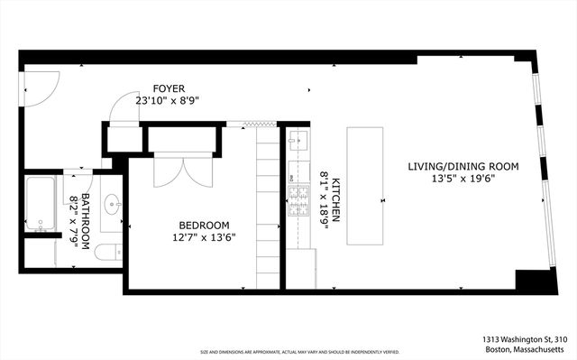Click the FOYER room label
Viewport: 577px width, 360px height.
coord(168,88)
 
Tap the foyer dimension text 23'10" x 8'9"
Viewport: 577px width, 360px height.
coord(168,100)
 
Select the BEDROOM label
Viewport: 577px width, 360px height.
coord(204,225)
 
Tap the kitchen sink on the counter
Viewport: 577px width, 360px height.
coord(298,143)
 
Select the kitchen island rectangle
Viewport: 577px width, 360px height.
coord(366,187)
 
